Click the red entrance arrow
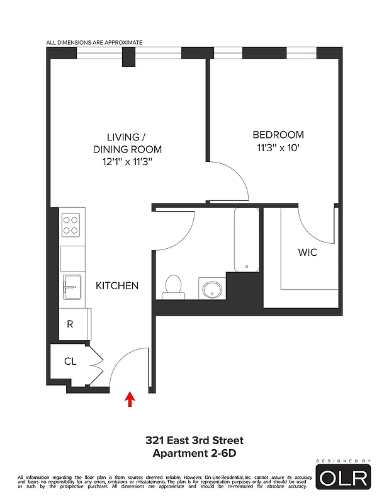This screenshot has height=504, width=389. [x=130, y=399]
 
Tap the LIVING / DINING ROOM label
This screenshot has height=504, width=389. [x=127, y=143]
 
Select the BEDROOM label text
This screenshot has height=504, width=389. [x=278, y=135]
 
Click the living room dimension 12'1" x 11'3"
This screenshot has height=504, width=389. [x=127, y=162]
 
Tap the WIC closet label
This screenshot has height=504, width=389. [x=307, y=253]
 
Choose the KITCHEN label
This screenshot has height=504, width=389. [x=117, y=285]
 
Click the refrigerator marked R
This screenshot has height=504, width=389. [x=70, y=325]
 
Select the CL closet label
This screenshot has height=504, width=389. [x=70, y=362]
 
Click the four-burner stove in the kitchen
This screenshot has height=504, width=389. [x=70, y=225]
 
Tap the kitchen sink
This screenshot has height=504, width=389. [x=71, y=288]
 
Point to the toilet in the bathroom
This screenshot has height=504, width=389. [x=173, y=287]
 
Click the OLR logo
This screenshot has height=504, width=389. [x=343, y=476]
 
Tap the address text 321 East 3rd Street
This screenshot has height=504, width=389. [x=194, y=440]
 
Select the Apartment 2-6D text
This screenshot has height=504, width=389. [x=194, y=453]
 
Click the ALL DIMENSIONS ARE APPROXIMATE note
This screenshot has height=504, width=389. [x=94, y=43]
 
